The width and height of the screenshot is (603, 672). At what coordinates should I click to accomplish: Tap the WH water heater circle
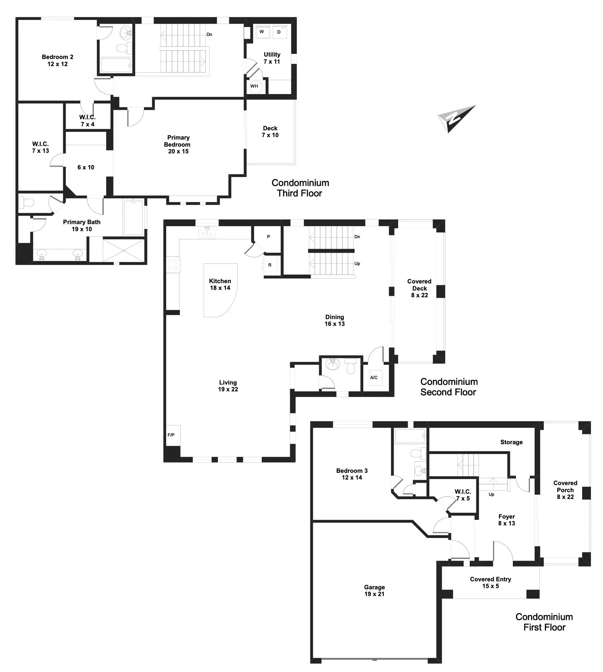(x=254, y=86)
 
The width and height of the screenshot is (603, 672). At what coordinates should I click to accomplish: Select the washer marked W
(x=262, y=32)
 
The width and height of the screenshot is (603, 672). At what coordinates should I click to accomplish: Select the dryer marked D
(x=279, y=32)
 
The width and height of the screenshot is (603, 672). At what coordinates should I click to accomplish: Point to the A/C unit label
(x=374, y=378)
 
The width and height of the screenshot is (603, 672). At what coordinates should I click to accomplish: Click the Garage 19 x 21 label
(x=374, y=591)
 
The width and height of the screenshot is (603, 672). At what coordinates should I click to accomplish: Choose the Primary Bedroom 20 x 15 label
(x=178, y=144)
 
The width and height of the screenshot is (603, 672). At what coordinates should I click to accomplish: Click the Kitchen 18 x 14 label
(x=220, y=284)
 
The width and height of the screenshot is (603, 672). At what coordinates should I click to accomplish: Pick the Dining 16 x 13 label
(x=335, y=320)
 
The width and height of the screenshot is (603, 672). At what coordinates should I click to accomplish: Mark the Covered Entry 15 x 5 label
(x=490, y=583)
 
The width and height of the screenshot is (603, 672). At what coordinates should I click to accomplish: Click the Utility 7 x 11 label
(x=272, y=58)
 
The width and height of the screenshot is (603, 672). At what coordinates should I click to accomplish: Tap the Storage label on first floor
(x=511, y=442)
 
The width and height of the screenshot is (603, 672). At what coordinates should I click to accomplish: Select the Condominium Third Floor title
(x=300, y=188)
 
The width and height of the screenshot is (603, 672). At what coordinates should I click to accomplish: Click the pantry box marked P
(x=268, y=237)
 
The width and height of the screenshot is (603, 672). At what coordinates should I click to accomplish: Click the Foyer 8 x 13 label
(x=507, y=520)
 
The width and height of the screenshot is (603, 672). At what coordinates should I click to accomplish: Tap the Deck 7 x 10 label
(x=270, y=132)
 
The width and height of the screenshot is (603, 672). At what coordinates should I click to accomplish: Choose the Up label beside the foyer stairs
(x=491, y=495)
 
